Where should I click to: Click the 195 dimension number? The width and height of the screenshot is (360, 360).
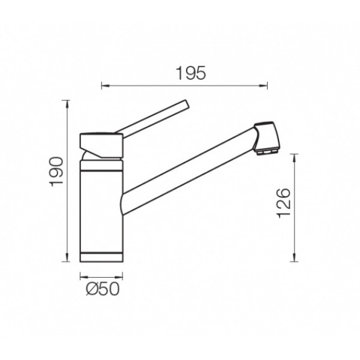pyautogui.click(x=191, y=73)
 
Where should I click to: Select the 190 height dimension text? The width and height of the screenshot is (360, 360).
pyautogui.click(x=57, y=172)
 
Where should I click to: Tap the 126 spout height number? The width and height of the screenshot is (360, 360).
pyautogui.click(x=284, y=203)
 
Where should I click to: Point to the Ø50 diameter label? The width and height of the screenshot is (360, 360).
pyautogui.click(x=103, y=289)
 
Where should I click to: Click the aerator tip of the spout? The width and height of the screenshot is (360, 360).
pyautogui.click(x=266, y=152)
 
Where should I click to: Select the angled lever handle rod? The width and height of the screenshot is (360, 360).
pyautogui.click(x=152, y=119)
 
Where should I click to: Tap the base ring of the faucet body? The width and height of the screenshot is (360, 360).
pyautogui.click(x=101, y=257)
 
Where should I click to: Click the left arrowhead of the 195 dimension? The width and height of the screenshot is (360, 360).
pyautogui.click(x=105, y=86)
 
